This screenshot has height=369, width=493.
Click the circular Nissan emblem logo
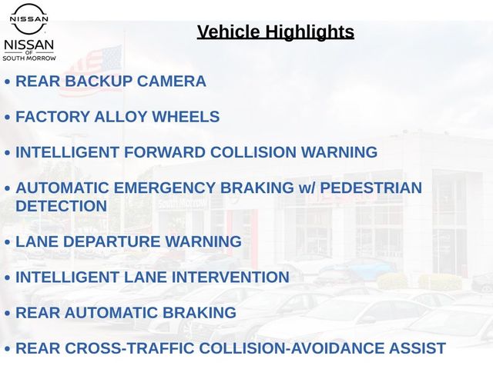pos(29,18)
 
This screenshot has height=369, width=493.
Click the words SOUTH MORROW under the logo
pos(29,58)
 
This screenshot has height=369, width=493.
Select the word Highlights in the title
pos(310,32)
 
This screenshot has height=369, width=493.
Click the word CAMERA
pos(171,81)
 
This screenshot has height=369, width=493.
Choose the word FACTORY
pos(53,117)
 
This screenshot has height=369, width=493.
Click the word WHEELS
pos(186,117)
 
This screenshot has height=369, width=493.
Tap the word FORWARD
pos(165,152)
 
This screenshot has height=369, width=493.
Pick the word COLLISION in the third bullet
pos(253,152)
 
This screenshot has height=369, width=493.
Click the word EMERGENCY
pos(164,188)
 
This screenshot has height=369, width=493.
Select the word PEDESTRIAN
pos(371,188)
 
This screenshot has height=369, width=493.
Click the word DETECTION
pos(62,206)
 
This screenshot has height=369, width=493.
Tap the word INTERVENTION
pos(231,278)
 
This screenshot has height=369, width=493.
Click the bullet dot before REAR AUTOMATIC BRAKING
pos(8,314)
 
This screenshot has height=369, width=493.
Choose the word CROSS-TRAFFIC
pos(130,348)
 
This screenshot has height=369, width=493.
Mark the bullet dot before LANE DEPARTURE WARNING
pos(8,243)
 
